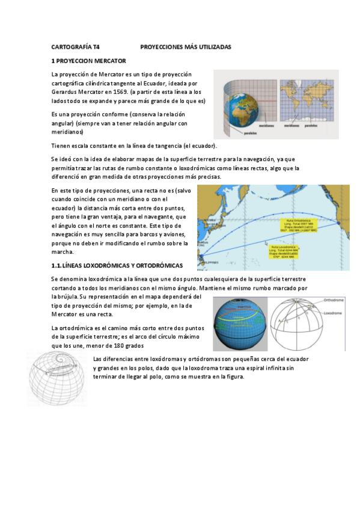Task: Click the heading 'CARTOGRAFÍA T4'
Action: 75,46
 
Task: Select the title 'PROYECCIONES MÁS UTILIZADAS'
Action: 185,46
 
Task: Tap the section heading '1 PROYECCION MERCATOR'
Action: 88,61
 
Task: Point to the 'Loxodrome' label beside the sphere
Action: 334,313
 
